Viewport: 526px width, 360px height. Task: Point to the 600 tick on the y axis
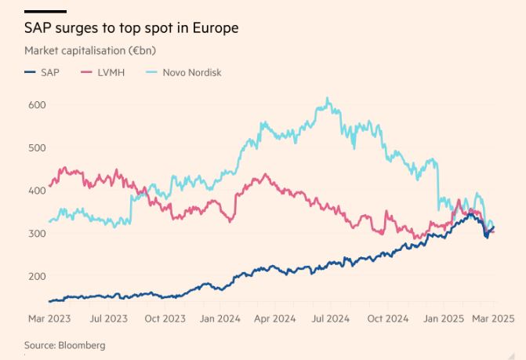click(x=37, y=105)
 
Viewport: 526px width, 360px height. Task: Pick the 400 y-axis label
click(x=37, y=191)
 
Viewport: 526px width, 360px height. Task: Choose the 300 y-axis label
click(x=37, y=234)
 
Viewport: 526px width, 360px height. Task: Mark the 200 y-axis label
click(x=37, y=276)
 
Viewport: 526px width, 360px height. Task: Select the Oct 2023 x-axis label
click(x=165, y=318)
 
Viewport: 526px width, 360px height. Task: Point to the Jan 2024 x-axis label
click(x=219, y=318)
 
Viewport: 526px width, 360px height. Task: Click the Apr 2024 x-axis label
click(x=274, y=318)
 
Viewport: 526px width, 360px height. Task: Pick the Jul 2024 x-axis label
click(x=329, y=318)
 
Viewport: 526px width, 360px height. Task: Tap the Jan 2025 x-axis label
click(x=444, y=318)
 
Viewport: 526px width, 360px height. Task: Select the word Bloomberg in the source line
click(x=82, y=345)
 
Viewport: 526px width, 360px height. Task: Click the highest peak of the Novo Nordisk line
click(x=327, y=99)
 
